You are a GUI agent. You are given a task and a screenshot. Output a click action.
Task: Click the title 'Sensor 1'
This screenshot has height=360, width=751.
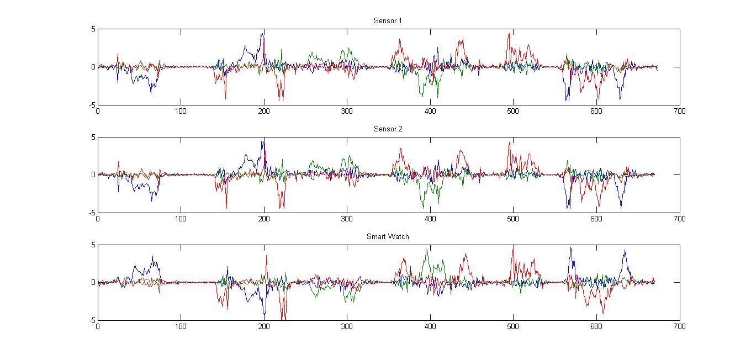click(x=388, y=21)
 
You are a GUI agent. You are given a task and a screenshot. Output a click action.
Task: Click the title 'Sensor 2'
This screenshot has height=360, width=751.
click(x=388, y=129)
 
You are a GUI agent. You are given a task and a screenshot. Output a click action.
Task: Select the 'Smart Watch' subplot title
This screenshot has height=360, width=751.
click(x=388, y=236)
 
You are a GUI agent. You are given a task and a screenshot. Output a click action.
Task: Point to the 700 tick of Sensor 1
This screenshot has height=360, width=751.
click(x=679, y=111)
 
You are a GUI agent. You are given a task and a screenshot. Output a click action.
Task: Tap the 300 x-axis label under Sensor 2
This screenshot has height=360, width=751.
click(x=347, y=219)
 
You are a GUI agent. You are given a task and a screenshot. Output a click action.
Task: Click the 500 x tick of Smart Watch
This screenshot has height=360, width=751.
click(x=513, y=326)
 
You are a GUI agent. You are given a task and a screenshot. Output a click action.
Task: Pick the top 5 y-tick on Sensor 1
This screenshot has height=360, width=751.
click(x=93, y=29)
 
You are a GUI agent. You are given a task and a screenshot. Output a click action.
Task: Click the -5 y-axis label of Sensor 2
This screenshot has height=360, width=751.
click(x=92, y=213)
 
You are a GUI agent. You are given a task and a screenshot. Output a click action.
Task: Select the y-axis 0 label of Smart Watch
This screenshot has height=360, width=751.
click(x=93, y=282)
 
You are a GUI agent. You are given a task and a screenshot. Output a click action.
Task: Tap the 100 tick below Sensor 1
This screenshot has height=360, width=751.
click(x=181, y=111)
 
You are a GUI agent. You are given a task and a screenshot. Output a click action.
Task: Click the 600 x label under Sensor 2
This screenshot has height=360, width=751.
click(x=596, y=219)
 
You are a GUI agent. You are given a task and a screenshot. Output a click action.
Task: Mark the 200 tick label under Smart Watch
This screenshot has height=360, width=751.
click(x=264, y=326)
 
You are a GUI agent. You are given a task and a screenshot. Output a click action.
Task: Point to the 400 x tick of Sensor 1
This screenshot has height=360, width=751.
click(x=430, y=111)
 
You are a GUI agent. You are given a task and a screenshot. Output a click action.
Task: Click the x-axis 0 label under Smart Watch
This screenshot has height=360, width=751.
click(x=98, y=326)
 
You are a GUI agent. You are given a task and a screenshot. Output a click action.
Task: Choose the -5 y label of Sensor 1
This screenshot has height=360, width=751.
click(x=92, y=105)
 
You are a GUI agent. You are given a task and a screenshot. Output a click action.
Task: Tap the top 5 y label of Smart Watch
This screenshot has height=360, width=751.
click(x=93, y=245)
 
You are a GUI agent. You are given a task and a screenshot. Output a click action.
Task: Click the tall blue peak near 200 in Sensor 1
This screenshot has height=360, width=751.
click(x=263, y=34)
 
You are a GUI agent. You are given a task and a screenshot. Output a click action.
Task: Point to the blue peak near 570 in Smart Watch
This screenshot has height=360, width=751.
click(x=571, y=248)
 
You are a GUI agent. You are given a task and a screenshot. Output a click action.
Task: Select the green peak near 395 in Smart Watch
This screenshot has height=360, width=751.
click(x=426, y=250)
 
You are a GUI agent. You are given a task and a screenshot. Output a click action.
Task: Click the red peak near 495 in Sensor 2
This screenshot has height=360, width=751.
click(x=510, y=142)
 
